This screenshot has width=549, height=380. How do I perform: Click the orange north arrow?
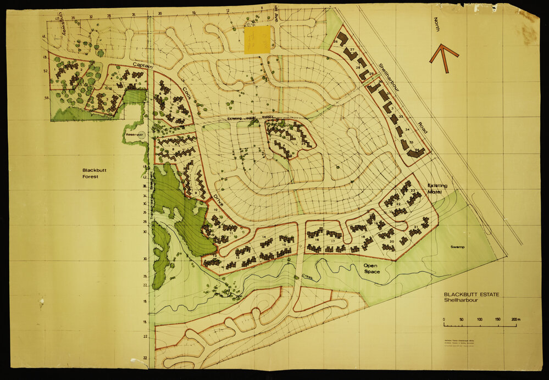[x=444, y=58]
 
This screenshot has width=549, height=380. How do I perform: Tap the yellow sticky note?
[x=257, y=39]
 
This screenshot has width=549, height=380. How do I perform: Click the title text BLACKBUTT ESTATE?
[x=472, y=295]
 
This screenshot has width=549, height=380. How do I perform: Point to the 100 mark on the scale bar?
[x=479, y=319]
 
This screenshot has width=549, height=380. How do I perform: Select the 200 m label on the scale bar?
[x=515, y=319]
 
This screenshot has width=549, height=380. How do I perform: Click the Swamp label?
[x=458, y=247]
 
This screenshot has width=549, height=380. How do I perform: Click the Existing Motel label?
[x=437, y=189]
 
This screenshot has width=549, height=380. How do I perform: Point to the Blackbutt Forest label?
[x=95, y=174]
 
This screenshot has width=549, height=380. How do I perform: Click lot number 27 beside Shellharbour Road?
[x=352, y=50]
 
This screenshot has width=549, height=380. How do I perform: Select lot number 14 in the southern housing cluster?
[x=264, y=237]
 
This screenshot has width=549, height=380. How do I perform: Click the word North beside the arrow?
[x=437, y=24]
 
